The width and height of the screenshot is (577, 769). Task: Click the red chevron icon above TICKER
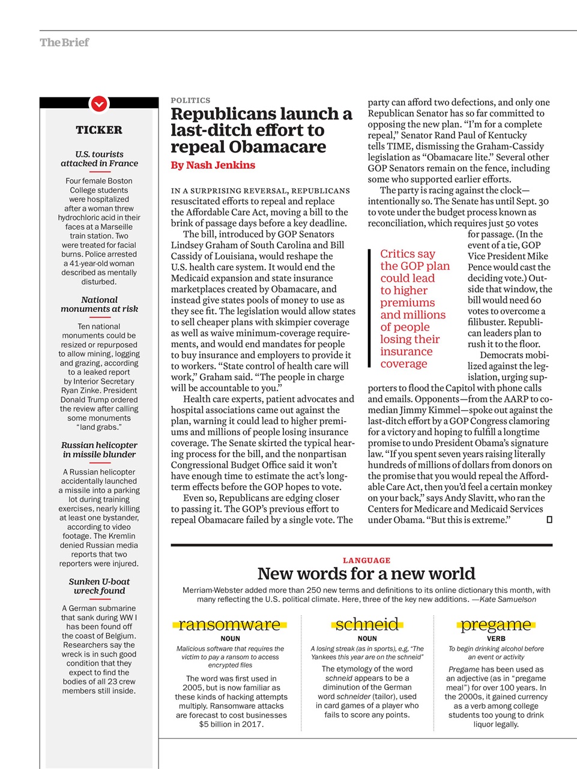[99, 104]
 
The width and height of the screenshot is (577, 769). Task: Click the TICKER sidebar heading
[99, 130]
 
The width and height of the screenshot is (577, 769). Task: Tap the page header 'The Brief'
[64, 43]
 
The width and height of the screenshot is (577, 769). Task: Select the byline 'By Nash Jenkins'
[213, 165]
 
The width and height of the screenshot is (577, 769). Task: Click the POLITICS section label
[190, 100]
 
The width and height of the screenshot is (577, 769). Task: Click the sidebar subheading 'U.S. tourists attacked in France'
[99, 159]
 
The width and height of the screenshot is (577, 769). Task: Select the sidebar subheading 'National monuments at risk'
[99, 304]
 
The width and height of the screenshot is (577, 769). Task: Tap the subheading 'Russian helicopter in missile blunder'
[99, 449]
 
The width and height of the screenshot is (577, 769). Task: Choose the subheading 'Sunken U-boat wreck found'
[99, 586]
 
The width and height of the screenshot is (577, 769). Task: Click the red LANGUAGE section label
[366, 560]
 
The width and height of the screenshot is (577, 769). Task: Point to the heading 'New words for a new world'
[366, 574]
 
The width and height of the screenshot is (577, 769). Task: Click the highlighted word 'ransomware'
[229, 624]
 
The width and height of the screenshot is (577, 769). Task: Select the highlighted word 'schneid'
[367, 624]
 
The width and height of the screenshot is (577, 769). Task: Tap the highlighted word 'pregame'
[496, 624]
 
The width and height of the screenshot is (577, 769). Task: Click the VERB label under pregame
[496, 639]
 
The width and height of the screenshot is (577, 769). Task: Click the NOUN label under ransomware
[230, 639]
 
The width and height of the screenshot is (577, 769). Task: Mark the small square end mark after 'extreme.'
[549, 520]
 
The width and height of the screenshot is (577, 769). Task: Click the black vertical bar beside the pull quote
[370, 308]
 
